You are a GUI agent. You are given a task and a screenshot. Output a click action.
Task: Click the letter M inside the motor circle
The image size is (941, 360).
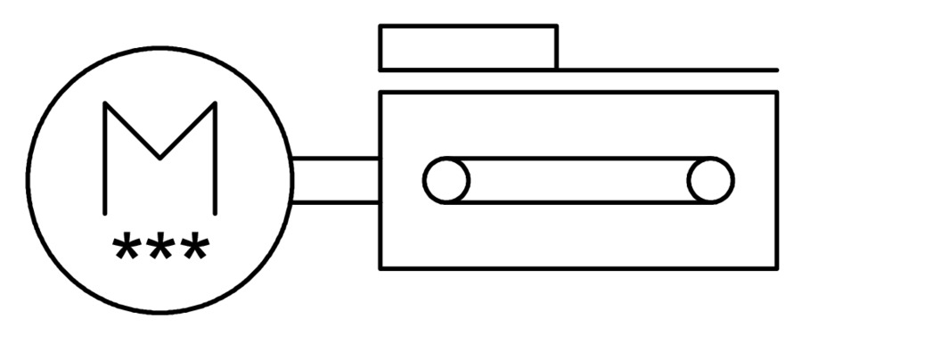pos(160,159)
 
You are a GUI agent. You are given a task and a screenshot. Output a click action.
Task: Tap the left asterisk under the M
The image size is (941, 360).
pos(125,248)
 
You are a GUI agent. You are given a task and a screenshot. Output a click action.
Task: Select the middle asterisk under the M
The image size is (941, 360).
pos(160,248)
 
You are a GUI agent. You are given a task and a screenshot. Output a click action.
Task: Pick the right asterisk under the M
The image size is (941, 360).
pos(197,248)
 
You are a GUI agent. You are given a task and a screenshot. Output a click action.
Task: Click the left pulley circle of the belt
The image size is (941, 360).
pos(446,180)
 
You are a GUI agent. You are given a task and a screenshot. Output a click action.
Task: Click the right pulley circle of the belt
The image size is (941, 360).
pos(710,180)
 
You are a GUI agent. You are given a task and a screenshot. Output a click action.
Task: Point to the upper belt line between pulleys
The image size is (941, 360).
pos(578,159)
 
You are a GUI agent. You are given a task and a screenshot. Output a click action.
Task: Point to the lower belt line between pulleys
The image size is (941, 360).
pos(578,202)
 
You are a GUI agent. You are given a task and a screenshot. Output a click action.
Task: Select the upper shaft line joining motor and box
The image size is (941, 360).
pos(335,159)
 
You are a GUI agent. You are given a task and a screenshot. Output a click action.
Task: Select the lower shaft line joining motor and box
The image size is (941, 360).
pos(335,202)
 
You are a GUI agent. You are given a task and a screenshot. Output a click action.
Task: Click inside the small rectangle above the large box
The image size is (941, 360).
pos(469,48)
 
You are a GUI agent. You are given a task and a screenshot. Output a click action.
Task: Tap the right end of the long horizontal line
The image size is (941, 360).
pos(777,70)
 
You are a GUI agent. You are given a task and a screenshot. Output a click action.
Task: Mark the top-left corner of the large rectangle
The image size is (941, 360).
pos(380,93)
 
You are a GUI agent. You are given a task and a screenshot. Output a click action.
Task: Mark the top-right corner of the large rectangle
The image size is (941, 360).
pos(777,93)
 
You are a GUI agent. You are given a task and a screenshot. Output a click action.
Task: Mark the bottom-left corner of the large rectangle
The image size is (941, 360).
pos(380,268)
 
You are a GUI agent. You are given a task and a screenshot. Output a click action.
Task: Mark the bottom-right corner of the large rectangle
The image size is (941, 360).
pos(777,268)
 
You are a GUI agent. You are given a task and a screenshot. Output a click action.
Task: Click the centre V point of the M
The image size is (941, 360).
pos(160,159)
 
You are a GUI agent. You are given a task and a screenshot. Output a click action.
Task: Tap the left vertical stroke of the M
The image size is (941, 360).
pos(105,159)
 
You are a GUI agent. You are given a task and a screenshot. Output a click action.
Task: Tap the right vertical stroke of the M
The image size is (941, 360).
pos(215,159)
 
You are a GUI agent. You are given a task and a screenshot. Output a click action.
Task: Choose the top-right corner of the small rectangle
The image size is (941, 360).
pos(557,26)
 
